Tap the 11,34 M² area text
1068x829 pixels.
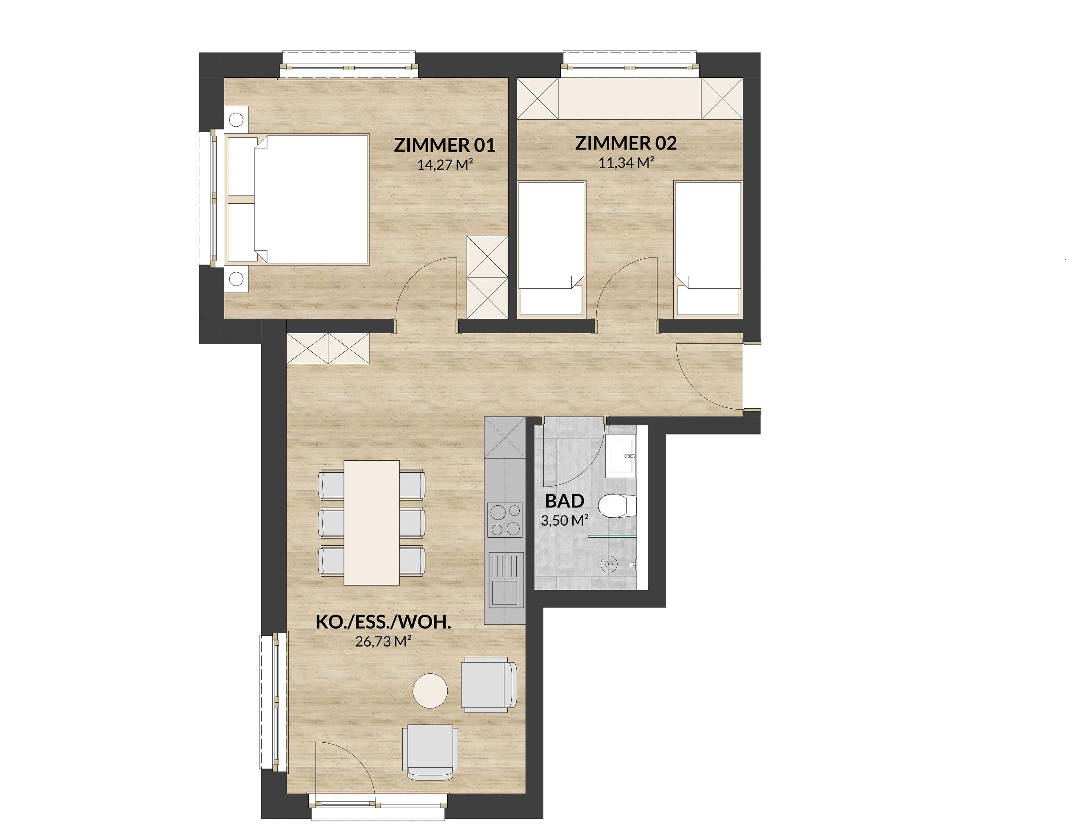coord(627,162)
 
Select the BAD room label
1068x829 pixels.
coord(565,501)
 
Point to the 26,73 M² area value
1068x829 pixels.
coord(382,641)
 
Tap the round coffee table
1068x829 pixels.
coord(430,691)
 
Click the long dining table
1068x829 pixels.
coord(372,522)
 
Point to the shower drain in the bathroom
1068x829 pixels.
coord(608,563)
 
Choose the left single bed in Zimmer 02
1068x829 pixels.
coord(552,248)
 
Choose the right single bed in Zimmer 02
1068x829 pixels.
coord(708,248)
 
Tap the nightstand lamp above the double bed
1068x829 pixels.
coord(236,119)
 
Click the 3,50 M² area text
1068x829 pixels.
coord(564,520)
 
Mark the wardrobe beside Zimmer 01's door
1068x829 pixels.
coord(486,277)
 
